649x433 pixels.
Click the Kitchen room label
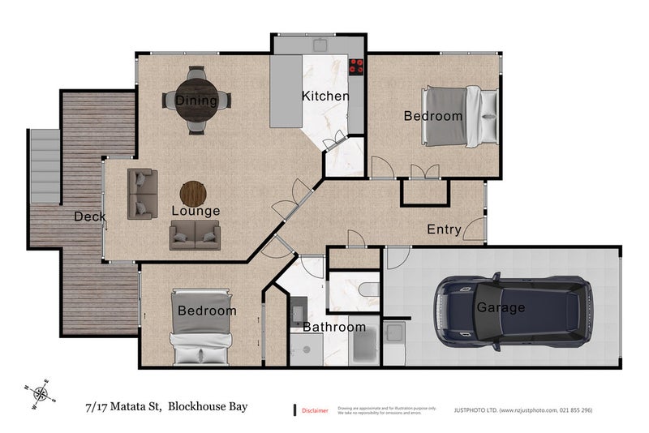(x=325, y=96)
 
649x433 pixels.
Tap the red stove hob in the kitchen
(x=355, y=67)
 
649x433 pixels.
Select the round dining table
(x=197, y=99)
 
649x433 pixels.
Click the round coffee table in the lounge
(x=193, y=194)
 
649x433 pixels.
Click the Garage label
(x=501, y=308)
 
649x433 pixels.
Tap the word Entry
(x=444, y=229)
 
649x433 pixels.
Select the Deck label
(x=89, y=216)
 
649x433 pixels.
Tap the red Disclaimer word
(x=315, y=411)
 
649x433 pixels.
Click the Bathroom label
(x=334, y=328)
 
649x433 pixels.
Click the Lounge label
(x=196, y=211)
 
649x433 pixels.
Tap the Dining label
(x=196, y=101)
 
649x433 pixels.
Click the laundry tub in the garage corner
(x=393, y=332)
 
